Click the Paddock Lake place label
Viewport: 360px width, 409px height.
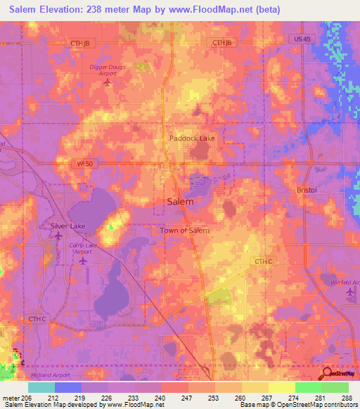pos(192,138)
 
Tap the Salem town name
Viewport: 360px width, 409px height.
pos(180,201)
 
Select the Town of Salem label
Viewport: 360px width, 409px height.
pos(184,230)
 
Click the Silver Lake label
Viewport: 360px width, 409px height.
pos(67,226)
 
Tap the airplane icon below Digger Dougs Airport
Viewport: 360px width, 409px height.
pos(107,83)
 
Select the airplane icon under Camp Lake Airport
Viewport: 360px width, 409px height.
pos(83,261)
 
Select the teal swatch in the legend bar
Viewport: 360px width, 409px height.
pos(41,387)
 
